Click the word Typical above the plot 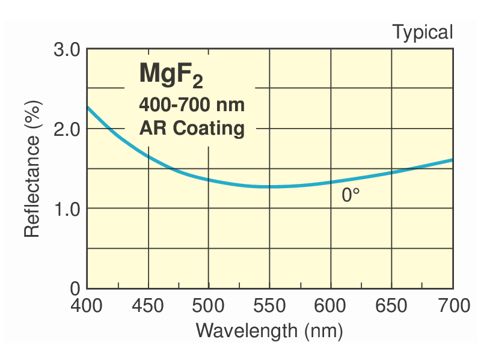tap(422, 32)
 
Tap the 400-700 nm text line tap(192, 105)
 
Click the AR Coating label tap(192, 129)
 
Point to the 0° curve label tap(351, 195)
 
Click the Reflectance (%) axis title tap(32, 169)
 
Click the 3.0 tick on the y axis tap(67, 49)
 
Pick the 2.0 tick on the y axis tap(67, 129)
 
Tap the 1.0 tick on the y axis tap(67, 209)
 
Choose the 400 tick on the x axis tap(87, 305)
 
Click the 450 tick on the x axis tap(148, 305)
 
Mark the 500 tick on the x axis tap(209, 305)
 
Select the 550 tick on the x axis tap(269, 305)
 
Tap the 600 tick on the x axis tap(331, 305)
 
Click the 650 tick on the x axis tap(391, 305)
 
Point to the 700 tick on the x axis tap(452, 305)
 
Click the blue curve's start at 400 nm tap(88, 107)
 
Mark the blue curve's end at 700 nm tap(452, 160)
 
